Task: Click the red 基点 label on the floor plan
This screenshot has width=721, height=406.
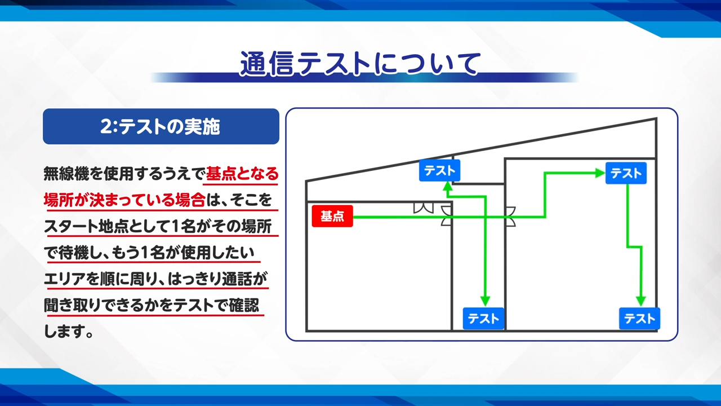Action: [x=332, y=216]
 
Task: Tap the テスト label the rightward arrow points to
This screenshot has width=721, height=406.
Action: [x=626, y=173]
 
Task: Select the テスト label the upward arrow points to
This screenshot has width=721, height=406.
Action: [x=439, y=170]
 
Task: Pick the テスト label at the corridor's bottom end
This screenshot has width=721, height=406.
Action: [x=483, y=319]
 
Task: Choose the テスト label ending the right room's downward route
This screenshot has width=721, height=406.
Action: [x=639, y=319]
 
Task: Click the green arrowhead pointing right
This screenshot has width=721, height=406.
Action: [x=600, y=173]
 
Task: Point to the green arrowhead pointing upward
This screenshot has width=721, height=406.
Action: [x=448, y=187]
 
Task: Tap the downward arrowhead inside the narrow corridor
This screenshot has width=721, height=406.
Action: [x=485, y=301]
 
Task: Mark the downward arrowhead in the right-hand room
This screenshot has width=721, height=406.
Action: [x=640, y=301]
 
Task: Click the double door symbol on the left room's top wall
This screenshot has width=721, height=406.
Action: [x=423, y=208]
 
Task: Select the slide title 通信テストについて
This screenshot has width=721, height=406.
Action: [x=360, y=64]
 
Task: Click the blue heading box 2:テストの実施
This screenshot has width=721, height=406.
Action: [x=161, y=126]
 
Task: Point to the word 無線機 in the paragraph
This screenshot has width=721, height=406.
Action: [x=66, y=174]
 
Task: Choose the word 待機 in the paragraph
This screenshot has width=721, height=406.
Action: [x=73, y=253]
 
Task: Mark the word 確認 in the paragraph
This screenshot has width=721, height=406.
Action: [x=244, y=306]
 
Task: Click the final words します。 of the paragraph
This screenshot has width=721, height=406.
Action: [x=68, y=332]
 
